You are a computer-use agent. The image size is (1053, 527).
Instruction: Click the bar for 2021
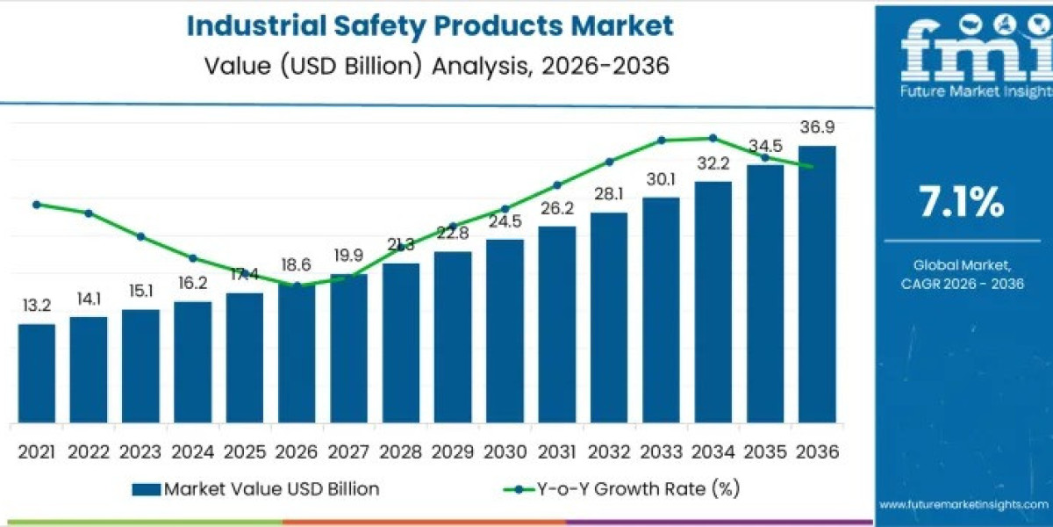36,372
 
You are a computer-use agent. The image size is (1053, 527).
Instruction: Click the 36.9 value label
816,128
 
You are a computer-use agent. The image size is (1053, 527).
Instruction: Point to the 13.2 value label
36,307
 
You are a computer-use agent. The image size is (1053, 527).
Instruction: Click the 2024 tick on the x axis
192,451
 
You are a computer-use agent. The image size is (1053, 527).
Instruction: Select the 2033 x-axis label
661,451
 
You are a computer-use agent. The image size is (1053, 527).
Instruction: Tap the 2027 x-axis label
348,451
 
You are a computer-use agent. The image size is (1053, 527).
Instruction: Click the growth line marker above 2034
713,138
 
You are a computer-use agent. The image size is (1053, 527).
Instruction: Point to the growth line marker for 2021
36,205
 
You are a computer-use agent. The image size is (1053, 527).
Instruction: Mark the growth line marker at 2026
297,285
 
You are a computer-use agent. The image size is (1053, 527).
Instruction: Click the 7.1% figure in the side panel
961,204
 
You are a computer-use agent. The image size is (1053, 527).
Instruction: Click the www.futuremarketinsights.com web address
963,504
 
